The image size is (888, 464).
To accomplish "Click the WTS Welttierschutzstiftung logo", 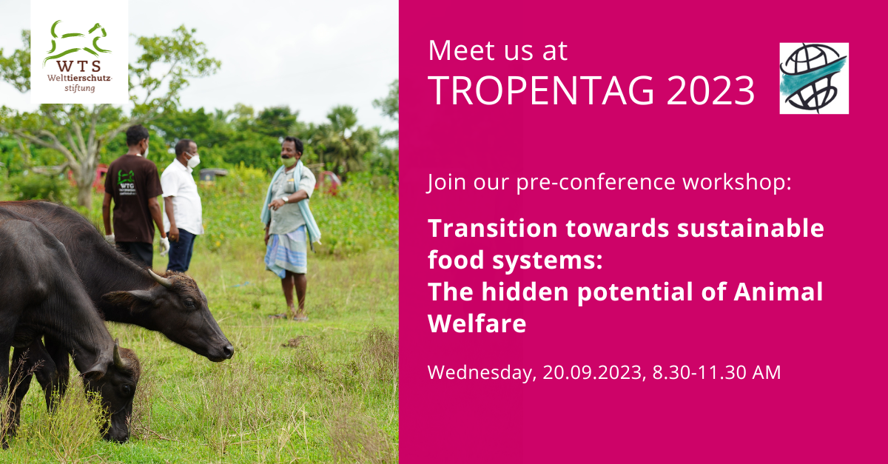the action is pos(79,52).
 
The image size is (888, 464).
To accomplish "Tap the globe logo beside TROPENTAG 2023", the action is pos(814,78).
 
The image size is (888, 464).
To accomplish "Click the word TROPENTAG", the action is pos(541,91).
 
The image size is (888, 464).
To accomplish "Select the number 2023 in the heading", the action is pos(710,91).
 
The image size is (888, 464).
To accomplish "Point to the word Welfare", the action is pos(477,323).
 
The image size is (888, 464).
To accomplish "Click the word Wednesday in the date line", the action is pos(482,372).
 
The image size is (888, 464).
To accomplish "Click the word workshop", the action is pos(736,182).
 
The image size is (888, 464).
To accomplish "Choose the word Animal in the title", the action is pos(778,292).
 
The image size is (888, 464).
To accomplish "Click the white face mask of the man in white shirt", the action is pos(193,161).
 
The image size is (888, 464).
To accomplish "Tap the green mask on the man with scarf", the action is pos(289,161).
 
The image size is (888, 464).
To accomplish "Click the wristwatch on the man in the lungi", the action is pos(285,200).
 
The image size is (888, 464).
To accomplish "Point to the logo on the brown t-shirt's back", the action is pos(127,184).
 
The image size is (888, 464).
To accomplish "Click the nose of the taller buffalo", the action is pos(228,351).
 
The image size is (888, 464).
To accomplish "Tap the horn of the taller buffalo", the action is pos(159,278).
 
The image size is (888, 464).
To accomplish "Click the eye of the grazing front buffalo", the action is pos(126,389).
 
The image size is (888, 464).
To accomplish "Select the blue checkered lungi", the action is pos(286,252).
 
